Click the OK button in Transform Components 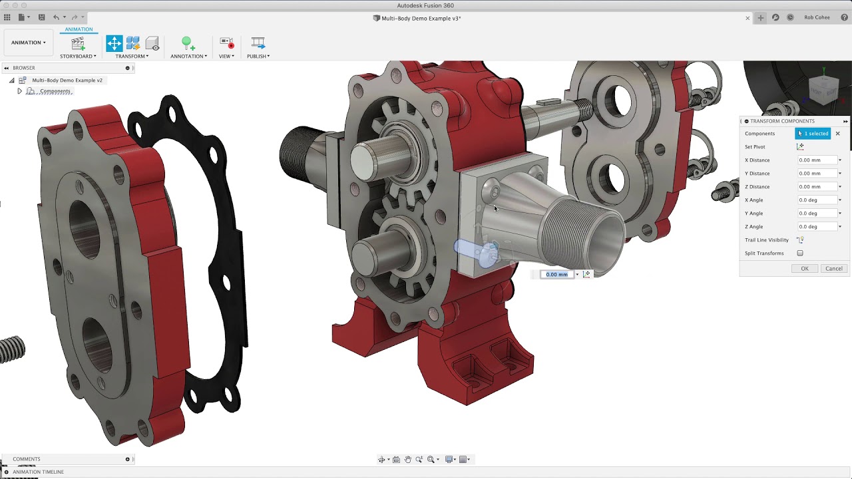[804, 269]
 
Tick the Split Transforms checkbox [800, 253]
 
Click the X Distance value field [817, 160]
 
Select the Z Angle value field [817, 227]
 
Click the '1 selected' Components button [813, 134]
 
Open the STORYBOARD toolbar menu [78, 56]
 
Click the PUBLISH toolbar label [258, 56]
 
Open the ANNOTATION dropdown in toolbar [188, 56]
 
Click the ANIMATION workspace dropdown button [29, 43]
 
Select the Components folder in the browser [55, 91]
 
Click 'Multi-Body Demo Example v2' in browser [67, 80]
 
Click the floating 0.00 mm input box [556, 275]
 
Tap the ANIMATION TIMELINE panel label [38, 472]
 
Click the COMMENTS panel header [27, 459]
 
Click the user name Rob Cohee [817, 18]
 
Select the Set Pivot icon [800, 147]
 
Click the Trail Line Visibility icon [800, 240]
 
